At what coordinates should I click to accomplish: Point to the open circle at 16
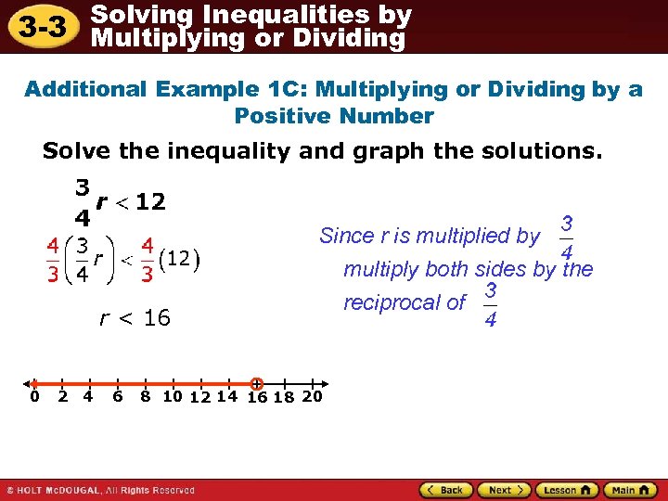point(257,383)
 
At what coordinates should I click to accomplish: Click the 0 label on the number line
point(33,397)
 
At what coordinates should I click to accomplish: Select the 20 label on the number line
point(313,396)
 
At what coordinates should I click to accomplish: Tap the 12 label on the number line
point(199,398)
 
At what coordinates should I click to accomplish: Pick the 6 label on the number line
point(118,397)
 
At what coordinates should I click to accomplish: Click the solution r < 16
point(135,318)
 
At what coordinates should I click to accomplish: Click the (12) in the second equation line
point(183,258)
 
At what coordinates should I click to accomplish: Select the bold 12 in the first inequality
point(150,201)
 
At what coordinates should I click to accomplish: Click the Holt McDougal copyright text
point(100,490)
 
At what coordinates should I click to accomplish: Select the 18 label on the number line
point(284,398)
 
